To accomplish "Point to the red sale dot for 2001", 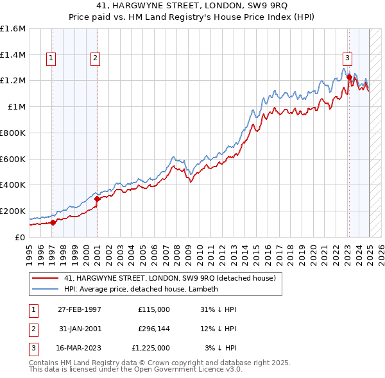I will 97,199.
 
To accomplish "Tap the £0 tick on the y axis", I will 20,237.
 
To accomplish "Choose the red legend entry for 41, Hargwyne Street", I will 169,278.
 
